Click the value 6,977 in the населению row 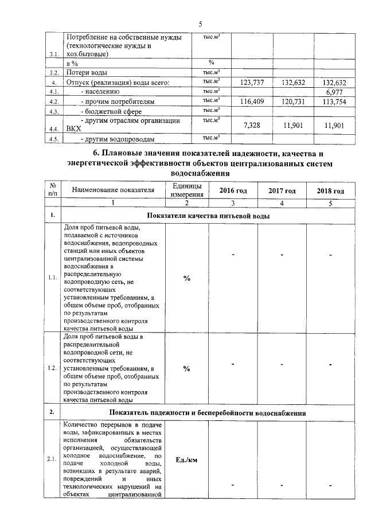coord(333,92)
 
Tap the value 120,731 coord(293,102)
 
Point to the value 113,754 coord(333,102)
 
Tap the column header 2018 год coord(331,190)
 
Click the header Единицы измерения coord(187,190)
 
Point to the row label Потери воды coord(87,73)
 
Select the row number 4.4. coord(54,130)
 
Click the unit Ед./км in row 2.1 coord(187,459)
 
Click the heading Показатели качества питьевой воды coord(208,216)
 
